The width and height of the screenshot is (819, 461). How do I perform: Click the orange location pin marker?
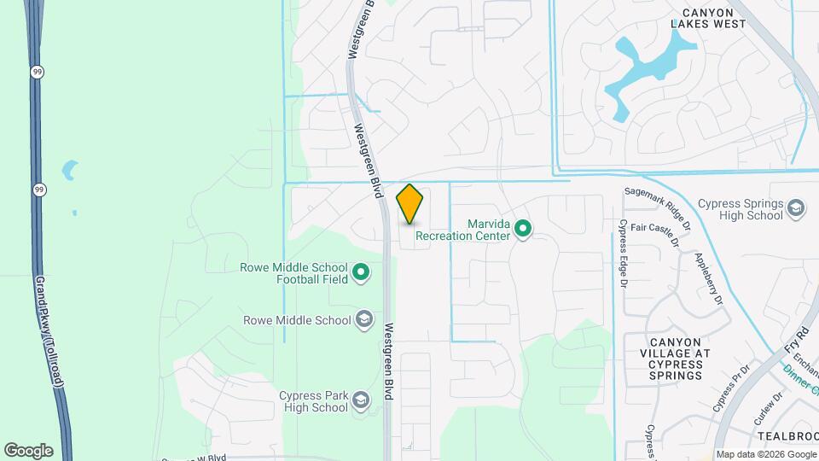click(x=410, y=204)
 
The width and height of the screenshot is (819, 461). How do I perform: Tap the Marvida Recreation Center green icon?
click(x=523, y=229)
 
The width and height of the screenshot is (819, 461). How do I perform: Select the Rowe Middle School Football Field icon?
click(x=361, y=273)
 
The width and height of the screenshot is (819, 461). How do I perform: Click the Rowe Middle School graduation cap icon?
click(x=364, y=320)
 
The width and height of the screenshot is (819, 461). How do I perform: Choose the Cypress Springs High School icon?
click(x=795, y=209)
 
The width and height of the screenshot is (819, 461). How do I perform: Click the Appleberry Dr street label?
click(x=709, y=278)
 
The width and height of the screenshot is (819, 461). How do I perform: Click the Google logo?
click(x=27, y=451)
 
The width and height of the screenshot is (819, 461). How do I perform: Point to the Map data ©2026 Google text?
click(x=764, y=454)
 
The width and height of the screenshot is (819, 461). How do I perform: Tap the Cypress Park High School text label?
click(x=313, y=401)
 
